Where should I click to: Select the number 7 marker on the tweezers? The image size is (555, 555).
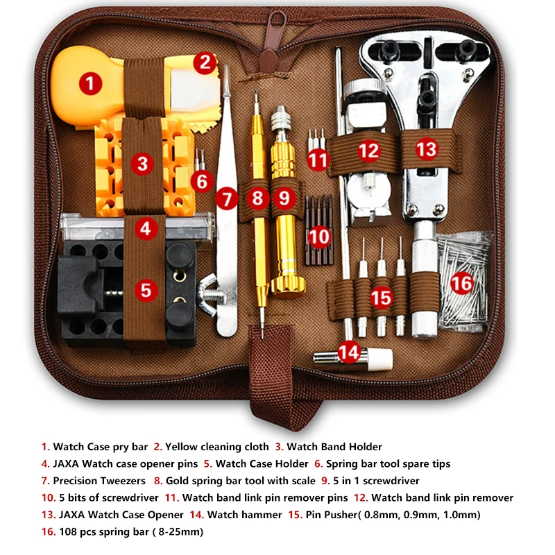coord(227,199)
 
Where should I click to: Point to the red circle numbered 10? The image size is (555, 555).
coord(319,236)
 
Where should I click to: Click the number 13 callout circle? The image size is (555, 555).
coord(427,148)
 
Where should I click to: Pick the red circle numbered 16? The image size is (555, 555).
coord(462,282)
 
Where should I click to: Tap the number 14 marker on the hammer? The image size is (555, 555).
coord(350,352)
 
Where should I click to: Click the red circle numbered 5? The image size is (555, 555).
coord(145,289)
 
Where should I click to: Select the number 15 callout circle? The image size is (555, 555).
coord(381,298)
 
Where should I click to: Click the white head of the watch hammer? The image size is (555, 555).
coord(380,358)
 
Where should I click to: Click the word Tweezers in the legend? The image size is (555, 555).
coord(121,480)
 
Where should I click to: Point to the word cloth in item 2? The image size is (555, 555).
coord(253,447)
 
